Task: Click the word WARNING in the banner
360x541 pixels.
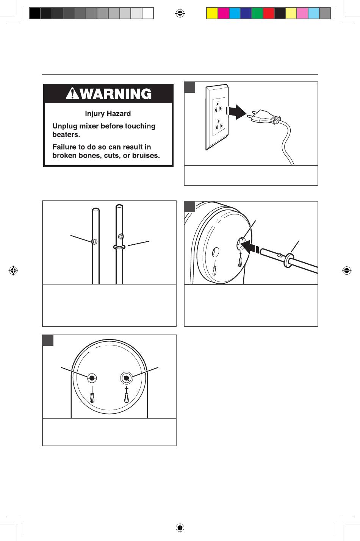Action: (x=116, y=94)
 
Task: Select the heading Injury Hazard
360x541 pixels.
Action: (x=108, y=114)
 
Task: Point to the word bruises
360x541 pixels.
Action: (x=145, y=155)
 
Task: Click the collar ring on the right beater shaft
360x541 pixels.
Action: (x=119, y=246)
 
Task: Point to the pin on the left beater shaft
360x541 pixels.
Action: (x=94, y=241)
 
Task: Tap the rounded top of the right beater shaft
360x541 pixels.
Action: (x=119, y=207)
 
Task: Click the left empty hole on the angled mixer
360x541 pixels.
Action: (x=215, y=253)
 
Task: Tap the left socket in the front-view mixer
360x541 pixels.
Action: (x=92, y=378)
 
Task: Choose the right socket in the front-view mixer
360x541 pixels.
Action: (x=126, y=378)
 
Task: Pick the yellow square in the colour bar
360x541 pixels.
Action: (x=212, y=14)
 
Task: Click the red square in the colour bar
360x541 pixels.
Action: (x=268, y=14)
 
